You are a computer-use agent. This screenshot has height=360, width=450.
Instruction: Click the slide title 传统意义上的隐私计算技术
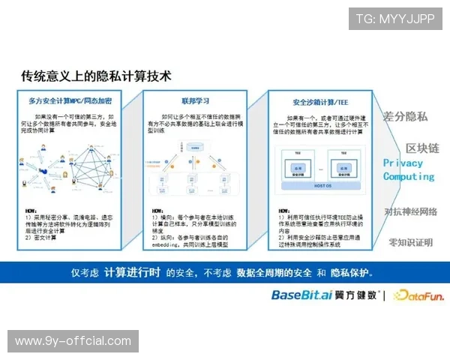96,76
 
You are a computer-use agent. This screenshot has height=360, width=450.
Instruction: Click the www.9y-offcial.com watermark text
73,341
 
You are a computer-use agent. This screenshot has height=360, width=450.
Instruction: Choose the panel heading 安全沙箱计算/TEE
319,100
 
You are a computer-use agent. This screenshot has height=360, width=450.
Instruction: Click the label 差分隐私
405,116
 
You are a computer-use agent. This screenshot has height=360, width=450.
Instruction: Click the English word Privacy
403,163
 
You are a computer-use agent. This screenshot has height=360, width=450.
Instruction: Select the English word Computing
409,176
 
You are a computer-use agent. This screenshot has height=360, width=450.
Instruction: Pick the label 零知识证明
411,242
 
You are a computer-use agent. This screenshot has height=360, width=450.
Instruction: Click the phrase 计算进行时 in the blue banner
132,272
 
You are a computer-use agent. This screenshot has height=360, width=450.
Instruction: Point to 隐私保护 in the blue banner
349,272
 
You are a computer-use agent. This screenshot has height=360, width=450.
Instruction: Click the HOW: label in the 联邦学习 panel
158,211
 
